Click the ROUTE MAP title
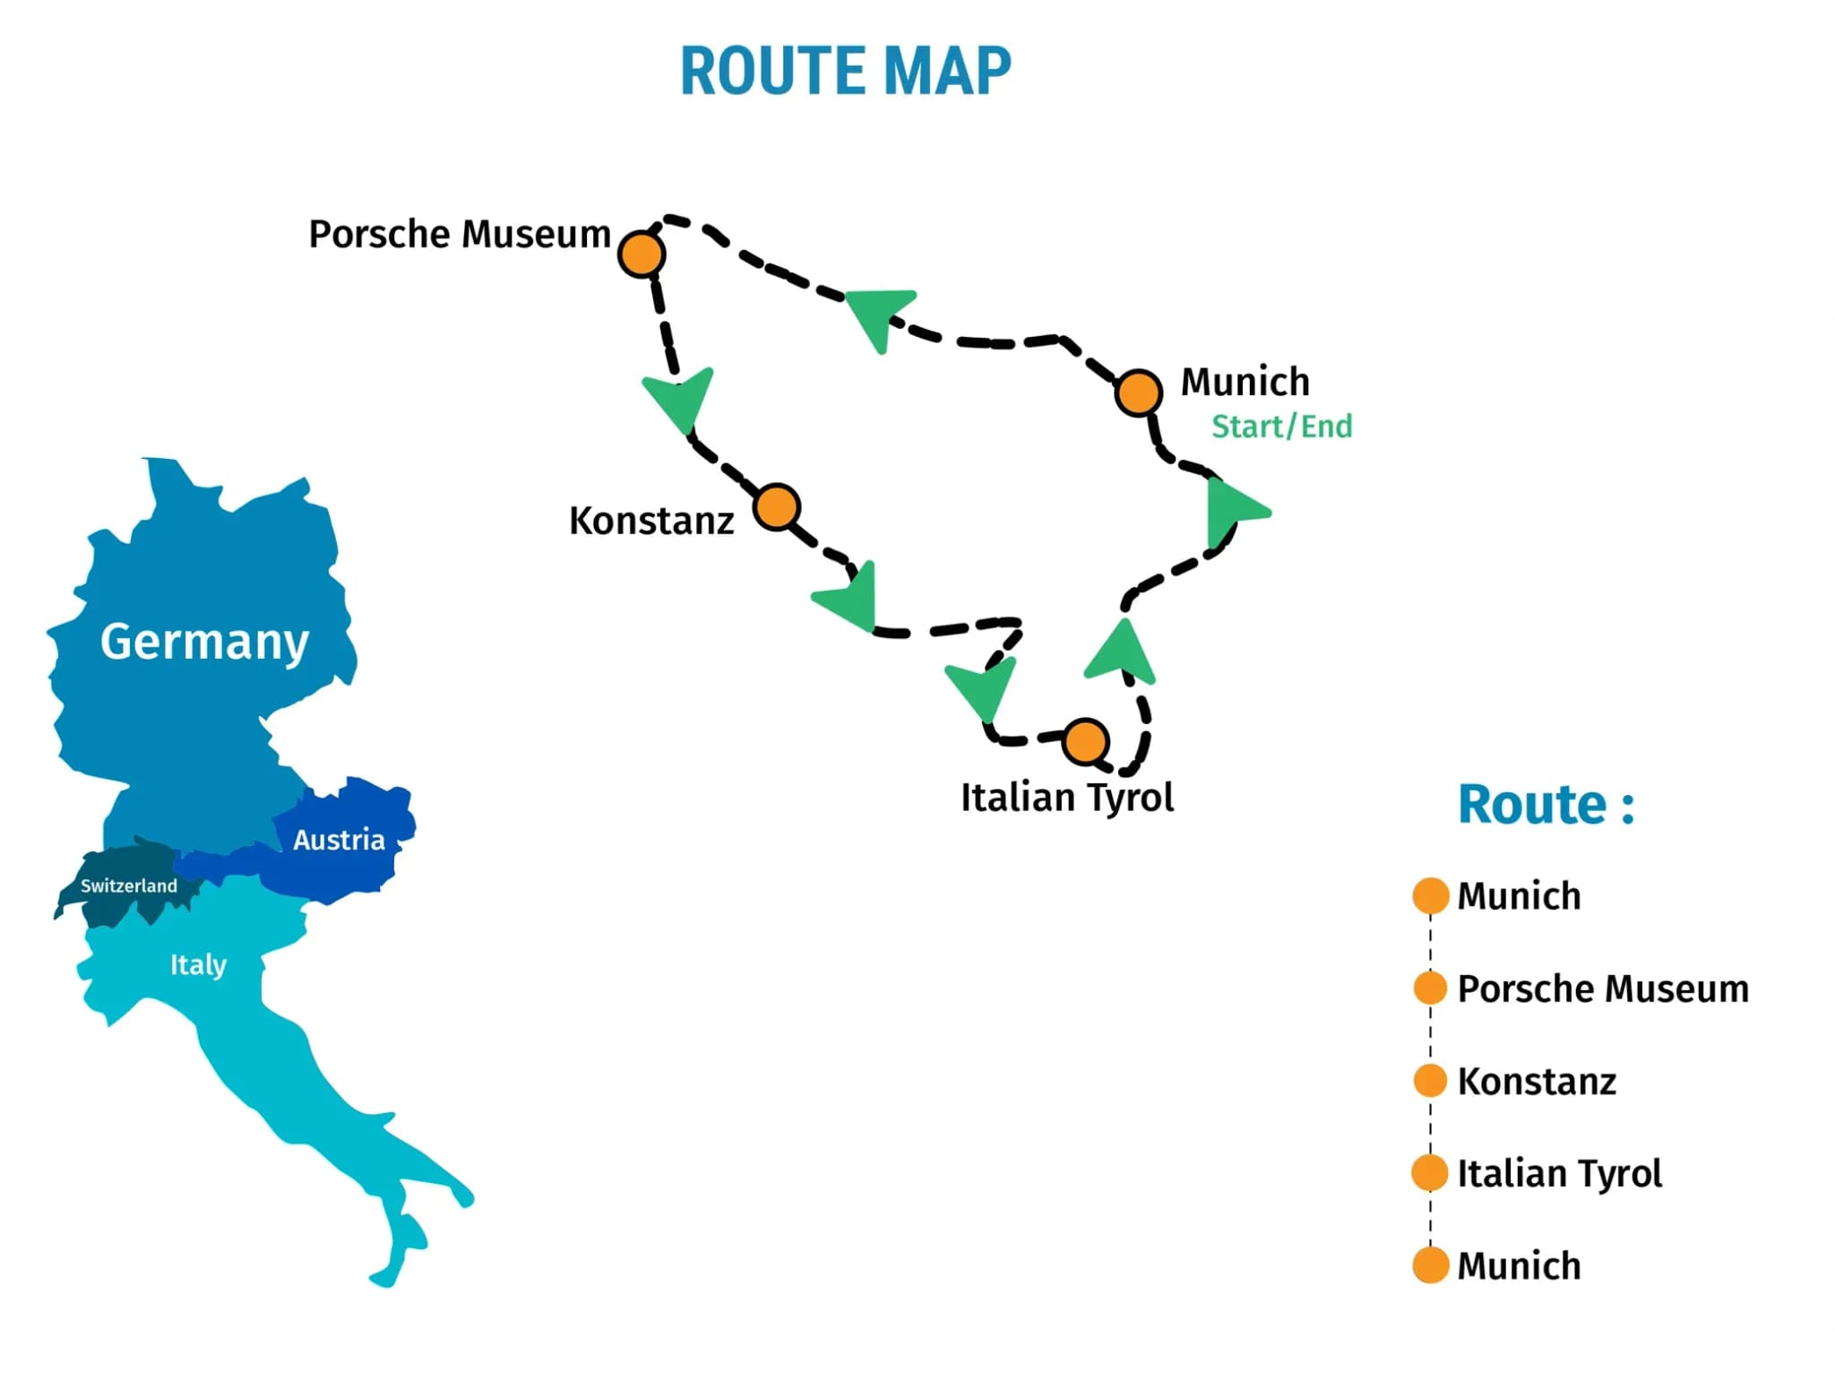tap(845, 71)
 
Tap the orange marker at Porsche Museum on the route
tap(642, 254)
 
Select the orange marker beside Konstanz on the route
tap(776, 507)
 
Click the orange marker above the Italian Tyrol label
tap(1086, 741)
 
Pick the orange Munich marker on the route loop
tap(1138, 392)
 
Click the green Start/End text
tap(1281, 427)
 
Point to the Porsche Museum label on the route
tap(459, 234)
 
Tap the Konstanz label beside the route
tap(651, 521)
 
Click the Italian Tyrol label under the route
tap(1066, 797)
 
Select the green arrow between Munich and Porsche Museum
tap(878, 313)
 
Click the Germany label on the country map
tap(204, 642)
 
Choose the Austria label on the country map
tap(339, 840)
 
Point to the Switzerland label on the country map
tap(129, 885)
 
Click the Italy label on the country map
tap(198, 964)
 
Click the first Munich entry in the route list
tap(1518, 896)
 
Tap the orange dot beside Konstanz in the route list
tap(1430, 1081)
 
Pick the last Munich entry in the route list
tap(1518, 1265)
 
